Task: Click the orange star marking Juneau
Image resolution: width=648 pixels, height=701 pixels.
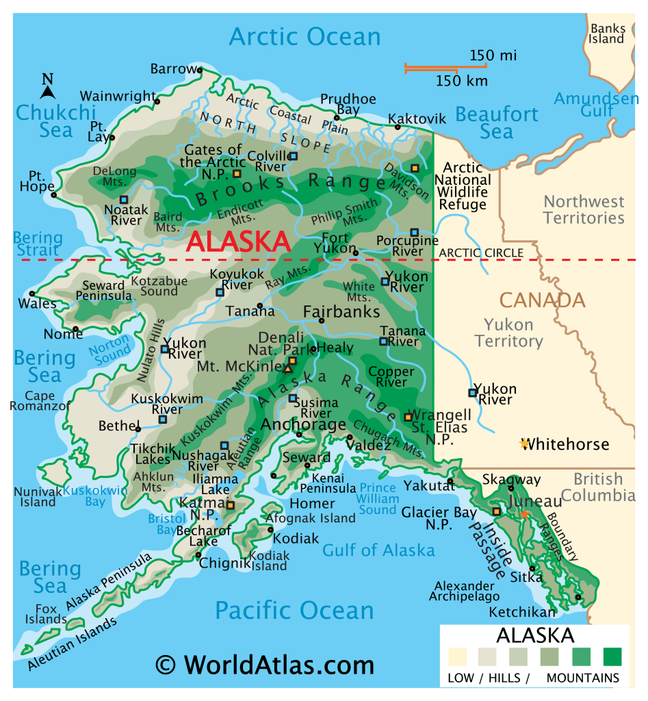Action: tap(524, 513)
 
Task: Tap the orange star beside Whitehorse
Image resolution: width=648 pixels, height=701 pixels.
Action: tap(524, 444)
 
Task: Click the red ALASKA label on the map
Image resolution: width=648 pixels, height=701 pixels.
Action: tap(238, 242)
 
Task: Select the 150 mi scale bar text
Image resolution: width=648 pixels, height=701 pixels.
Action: tap(493, 55)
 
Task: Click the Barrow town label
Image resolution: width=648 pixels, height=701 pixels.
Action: tap(173, 69)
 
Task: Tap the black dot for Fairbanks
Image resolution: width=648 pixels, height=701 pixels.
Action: tap(322, 320)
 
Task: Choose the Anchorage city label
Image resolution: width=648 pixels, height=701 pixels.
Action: tap(304, 424)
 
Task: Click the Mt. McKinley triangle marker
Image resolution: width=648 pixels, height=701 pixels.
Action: tap(287, 369)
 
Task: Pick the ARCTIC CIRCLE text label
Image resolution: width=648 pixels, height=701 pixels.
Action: tap(481, 253)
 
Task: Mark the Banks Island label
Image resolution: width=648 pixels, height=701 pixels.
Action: tap(608, 34)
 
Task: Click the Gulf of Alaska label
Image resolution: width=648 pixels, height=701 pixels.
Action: tap(378, 550)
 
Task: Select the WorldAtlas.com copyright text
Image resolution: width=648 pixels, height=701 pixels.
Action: tap(264, 664)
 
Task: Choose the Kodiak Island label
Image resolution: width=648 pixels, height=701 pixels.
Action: tap(268, 560)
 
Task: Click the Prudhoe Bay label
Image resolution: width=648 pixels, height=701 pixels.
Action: tap(348, 104)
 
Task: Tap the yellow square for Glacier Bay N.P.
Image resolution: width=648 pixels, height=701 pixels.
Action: tap(497, 511)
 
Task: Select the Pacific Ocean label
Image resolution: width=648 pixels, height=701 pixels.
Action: tap(294, 610)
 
